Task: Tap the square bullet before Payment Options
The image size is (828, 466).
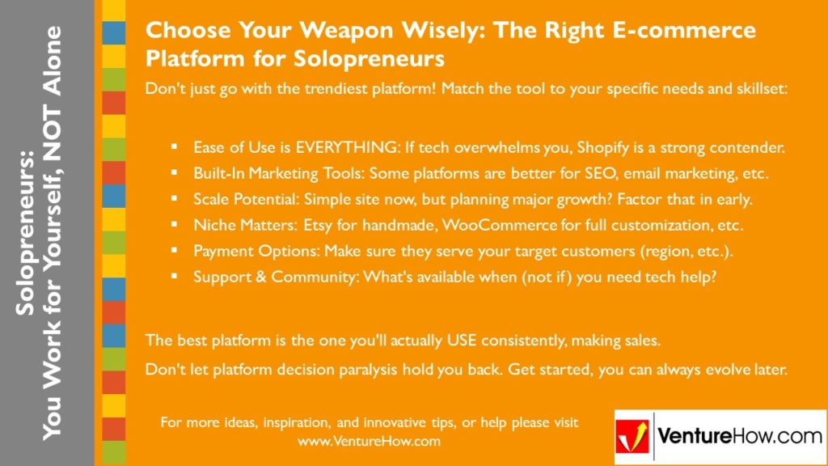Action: (x=174, y=251)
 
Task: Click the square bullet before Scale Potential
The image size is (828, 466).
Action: (x=174, y=200)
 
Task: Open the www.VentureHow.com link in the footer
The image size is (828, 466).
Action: (x=369, y=442)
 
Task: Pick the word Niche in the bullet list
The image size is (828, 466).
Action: (x=213, y=225)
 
